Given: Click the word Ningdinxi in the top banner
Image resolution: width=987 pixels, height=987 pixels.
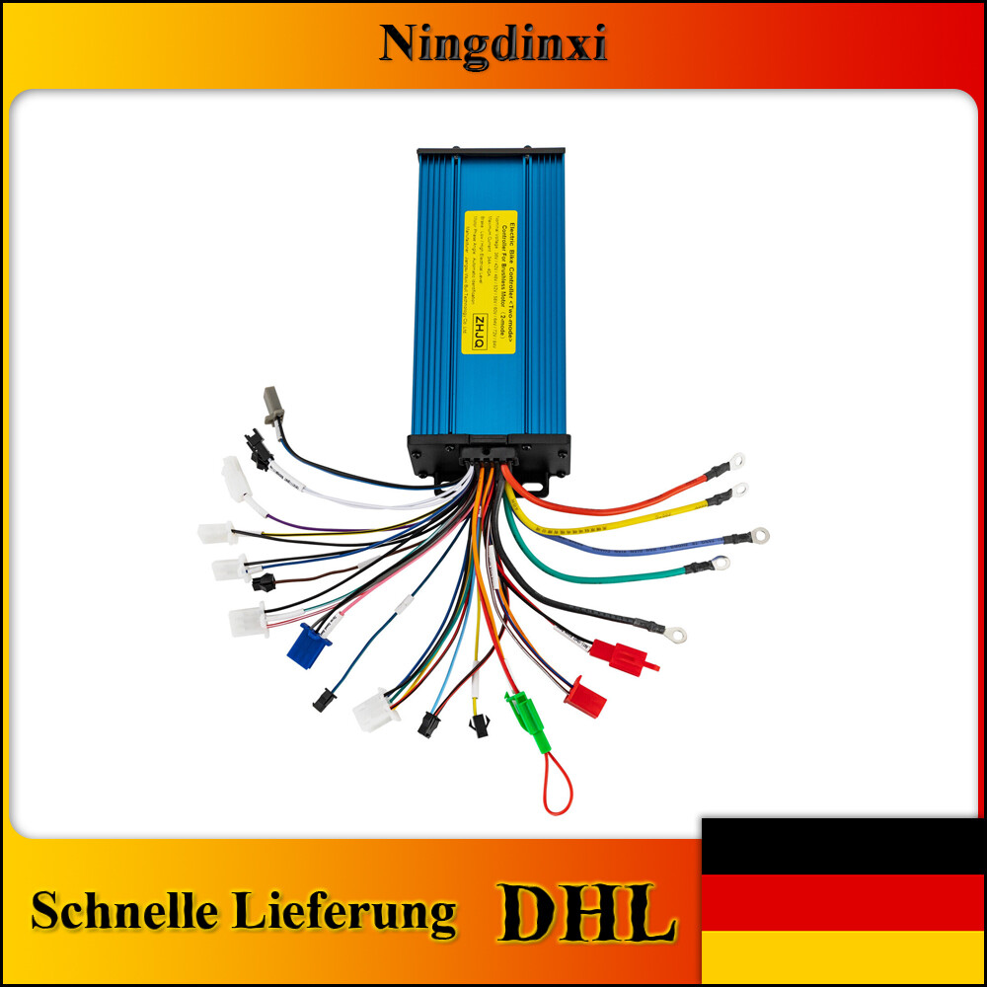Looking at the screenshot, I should click(x=493, y=44).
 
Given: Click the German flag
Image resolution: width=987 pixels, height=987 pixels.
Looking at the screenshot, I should click(x=843, y=901).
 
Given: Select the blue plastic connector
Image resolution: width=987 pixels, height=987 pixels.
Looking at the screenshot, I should click(x=308, y=644).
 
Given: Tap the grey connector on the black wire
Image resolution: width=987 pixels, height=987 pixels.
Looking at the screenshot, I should click(x=273, y=404).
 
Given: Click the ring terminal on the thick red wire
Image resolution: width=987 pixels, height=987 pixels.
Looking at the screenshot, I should click(x=736, y=460).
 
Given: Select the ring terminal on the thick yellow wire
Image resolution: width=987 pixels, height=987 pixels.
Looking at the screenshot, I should click(x=739, y=489).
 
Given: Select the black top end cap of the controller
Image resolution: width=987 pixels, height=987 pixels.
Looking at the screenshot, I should click(x=491, y=155).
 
